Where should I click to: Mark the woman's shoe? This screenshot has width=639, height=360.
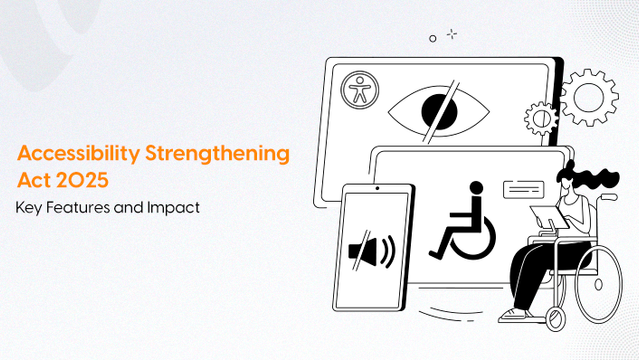(x=514, y=315)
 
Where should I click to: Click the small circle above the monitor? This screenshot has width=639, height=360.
(x=432, y=38)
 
